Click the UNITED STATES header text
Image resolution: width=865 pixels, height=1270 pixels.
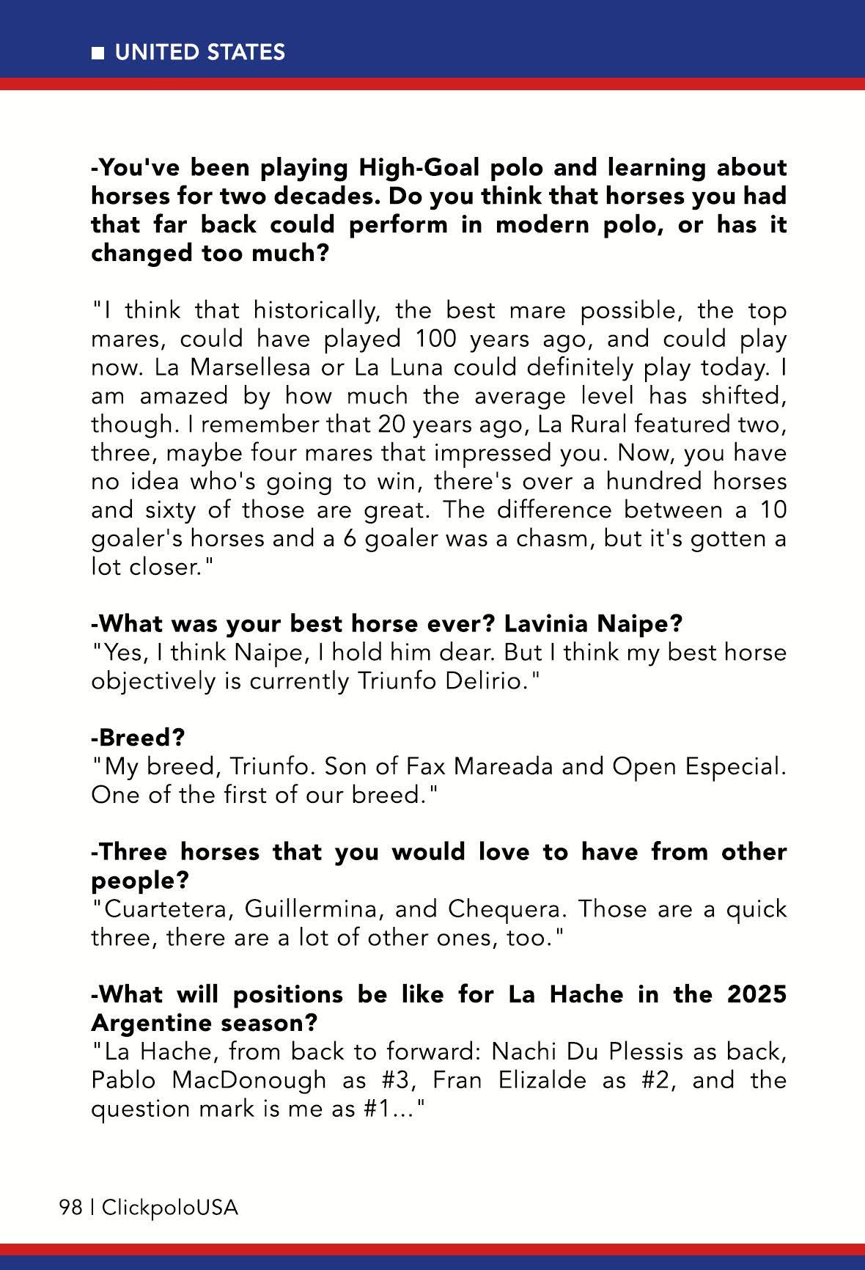click(200, 53)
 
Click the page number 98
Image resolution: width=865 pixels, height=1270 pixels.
click(70, 1208)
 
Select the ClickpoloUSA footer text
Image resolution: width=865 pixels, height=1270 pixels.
click(170, 1208)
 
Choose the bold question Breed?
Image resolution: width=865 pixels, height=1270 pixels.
click(138, 738)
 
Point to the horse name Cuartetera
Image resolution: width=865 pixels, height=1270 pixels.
click(169, 909)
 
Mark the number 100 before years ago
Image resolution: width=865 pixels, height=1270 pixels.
click(435, 339)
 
